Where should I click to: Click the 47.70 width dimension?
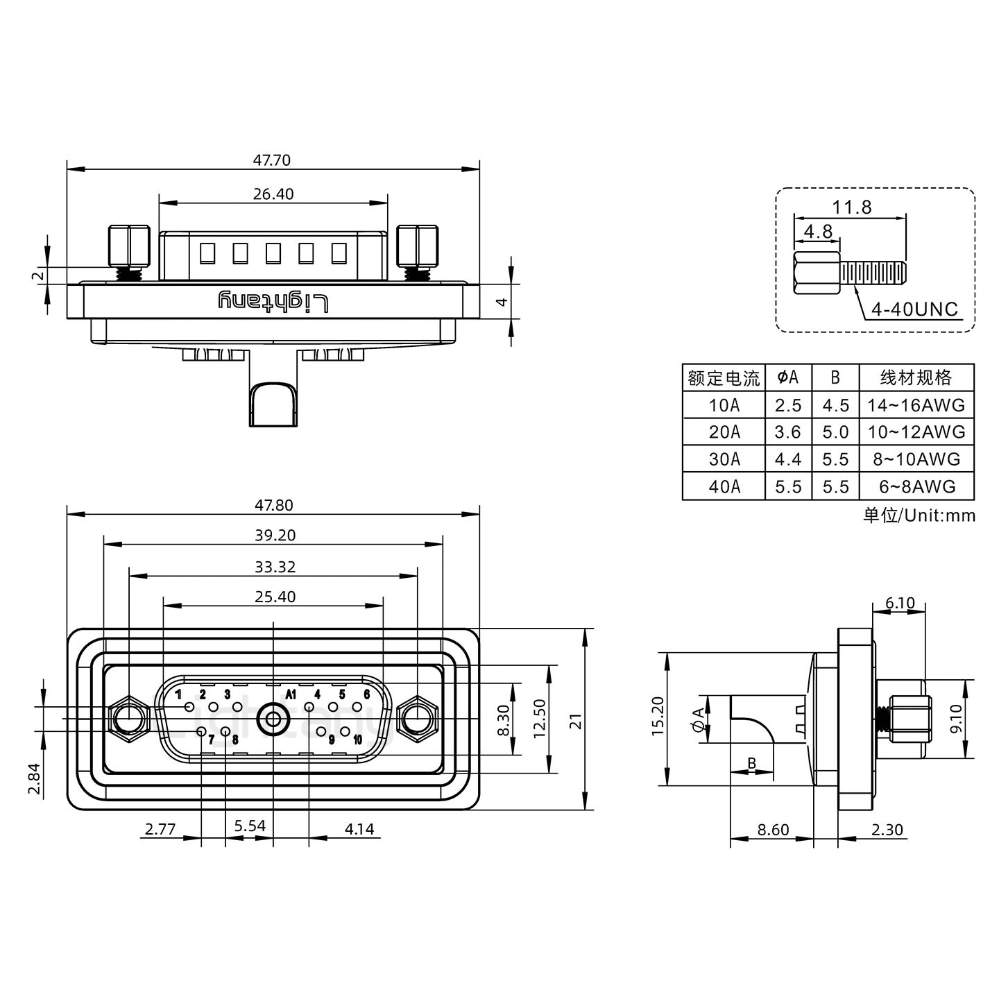coord(271,160)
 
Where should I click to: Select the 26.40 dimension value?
coord(273,194)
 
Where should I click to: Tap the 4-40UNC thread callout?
coord(914,309)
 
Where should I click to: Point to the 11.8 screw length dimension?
coord(852,207)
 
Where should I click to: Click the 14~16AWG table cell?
coord(916,405)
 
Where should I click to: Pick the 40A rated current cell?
coord(724,487)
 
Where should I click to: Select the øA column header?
coord(788,378)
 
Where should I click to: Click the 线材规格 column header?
coord(916,378)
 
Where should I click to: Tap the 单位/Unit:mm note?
coord(919,515)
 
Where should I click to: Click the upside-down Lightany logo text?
coord(273,302)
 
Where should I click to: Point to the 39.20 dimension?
coord(275,536)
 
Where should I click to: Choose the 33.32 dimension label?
coord(275,567)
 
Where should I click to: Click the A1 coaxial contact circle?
coord(273,720)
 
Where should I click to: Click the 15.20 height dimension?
coord(658,717)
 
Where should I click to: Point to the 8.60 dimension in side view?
coord(772,830)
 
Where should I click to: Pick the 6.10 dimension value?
coord(900,603)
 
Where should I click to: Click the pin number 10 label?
coord(357,740)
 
